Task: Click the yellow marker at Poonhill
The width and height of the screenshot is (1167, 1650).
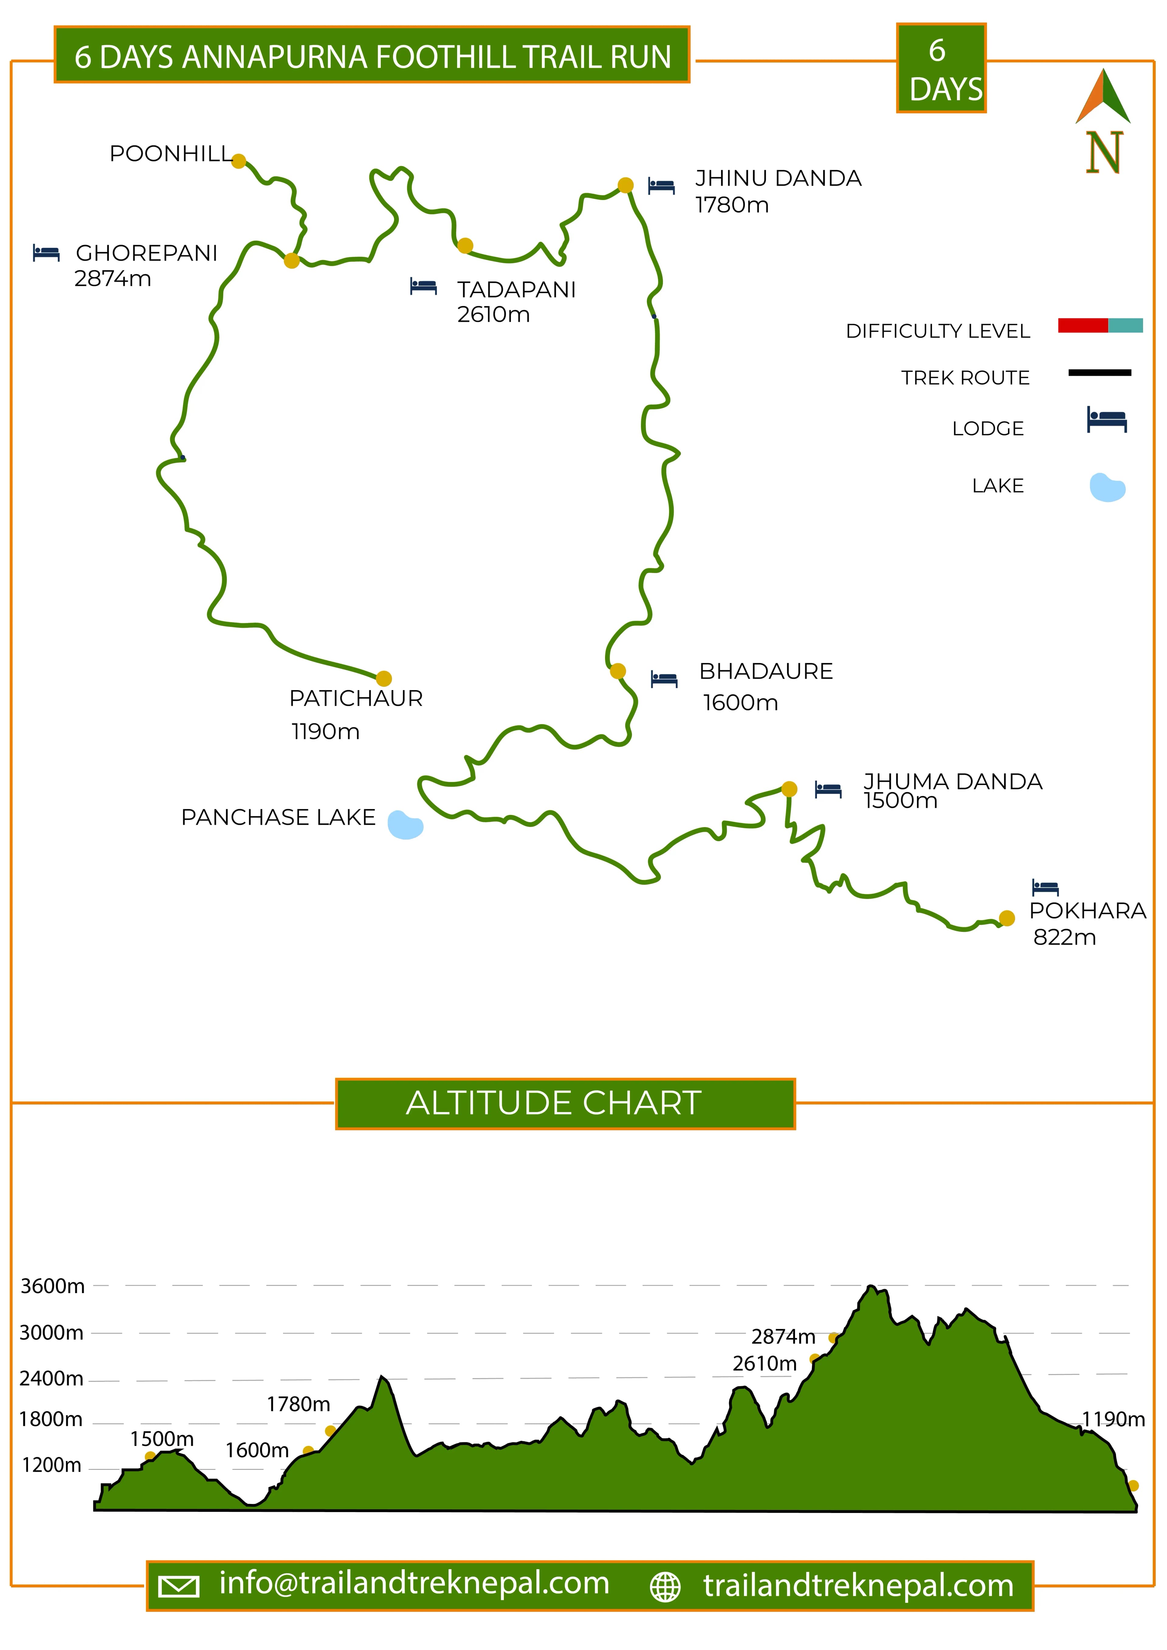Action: (239, 161)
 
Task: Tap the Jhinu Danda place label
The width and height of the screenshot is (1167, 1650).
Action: (778, 178)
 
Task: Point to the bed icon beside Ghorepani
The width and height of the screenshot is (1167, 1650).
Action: (46, 253)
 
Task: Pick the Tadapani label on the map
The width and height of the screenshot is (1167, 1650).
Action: (516, 289)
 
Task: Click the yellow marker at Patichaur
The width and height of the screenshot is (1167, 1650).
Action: (384, 678)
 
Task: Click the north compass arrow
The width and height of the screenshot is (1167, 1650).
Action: (1103, 97)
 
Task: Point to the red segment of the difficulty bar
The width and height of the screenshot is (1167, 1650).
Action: (1082, 326)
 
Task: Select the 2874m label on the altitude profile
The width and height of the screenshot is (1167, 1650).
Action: (783, 1337)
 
